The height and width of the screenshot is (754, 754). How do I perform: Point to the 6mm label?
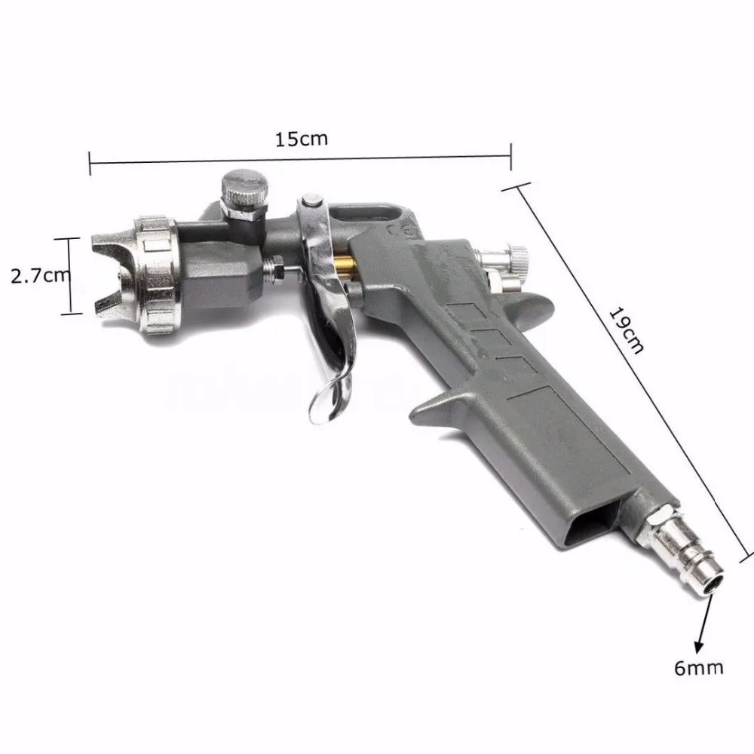click(x=700, y=667)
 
